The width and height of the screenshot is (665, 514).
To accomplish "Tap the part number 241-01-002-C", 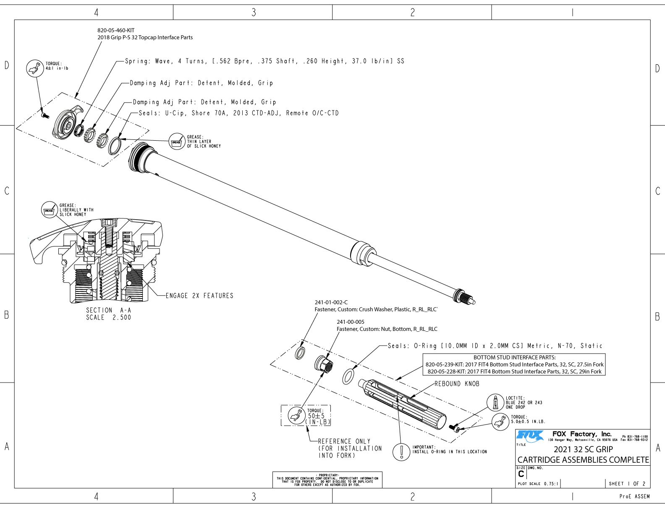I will point(331,302).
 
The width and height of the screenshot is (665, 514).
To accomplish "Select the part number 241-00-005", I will point(351,322).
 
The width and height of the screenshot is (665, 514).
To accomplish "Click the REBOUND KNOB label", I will point(457,384).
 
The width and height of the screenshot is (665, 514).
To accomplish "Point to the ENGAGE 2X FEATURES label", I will point(199,296).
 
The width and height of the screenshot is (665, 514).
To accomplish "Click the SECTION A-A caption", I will point(108,310).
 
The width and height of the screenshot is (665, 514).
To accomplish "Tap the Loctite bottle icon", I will point(495,402).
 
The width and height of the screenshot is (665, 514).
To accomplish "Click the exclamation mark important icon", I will point(402,451).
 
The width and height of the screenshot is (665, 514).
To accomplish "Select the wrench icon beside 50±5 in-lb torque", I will point(296,415).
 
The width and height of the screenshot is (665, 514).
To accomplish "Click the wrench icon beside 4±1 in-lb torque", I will point(35,68).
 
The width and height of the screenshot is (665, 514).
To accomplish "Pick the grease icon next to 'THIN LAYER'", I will point(177,142).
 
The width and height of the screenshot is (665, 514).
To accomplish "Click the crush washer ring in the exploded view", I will point(301,353).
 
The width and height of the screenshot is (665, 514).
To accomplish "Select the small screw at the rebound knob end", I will point(455,428).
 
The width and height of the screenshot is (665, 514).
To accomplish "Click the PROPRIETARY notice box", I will point(327,480).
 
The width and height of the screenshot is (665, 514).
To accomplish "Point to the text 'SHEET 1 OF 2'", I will point(627,484).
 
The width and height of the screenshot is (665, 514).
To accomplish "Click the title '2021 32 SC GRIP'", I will point(583,449).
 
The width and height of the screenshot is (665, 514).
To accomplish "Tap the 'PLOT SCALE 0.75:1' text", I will point(538,484).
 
